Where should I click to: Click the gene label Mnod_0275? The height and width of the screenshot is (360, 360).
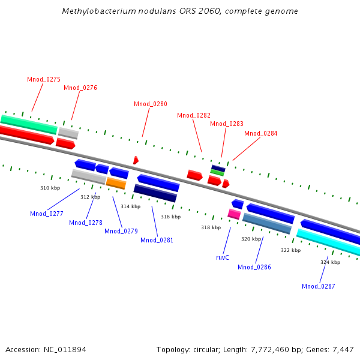(x=44, y=79)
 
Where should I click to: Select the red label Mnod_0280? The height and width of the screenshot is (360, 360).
(x=151, y=104)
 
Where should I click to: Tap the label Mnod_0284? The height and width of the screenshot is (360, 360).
(x=261, y=133)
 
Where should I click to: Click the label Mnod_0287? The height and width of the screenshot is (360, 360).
(x=319, y=286)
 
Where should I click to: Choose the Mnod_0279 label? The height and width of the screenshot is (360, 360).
(x=121, y=231)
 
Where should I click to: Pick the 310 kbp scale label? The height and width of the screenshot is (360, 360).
(x=50, y=188)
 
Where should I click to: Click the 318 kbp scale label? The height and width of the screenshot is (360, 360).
(x=211, y=227)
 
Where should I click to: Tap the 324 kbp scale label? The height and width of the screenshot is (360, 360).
(x=330, y=262)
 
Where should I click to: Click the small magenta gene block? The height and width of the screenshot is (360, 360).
(x=234, y=214)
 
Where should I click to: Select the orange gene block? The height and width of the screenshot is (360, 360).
(x=116, y=182)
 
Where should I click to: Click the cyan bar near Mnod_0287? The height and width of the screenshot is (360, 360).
(x=328, y=242)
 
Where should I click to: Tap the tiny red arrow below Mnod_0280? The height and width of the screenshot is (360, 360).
(x=136, y=160)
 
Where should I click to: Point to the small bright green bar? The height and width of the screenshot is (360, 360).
(x=217, y=173)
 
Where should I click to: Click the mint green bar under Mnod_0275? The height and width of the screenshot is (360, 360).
(x=28, y=124)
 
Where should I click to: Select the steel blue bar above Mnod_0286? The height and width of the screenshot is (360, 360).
(x=267, y=224)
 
